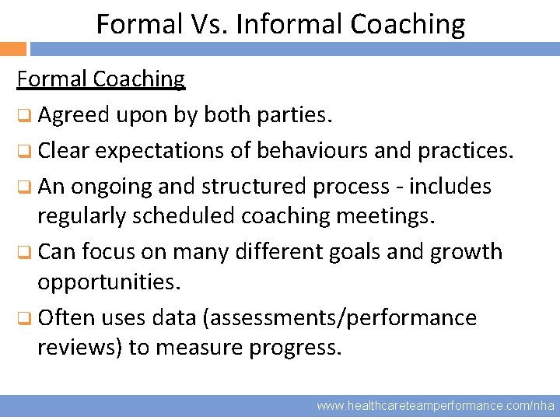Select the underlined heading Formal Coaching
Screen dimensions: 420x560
pos(101,79)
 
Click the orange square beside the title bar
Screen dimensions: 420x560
pos(12,49)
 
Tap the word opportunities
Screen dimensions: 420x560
pos(109,282)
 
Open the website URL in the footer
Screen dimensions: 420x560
pos(436,405)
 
